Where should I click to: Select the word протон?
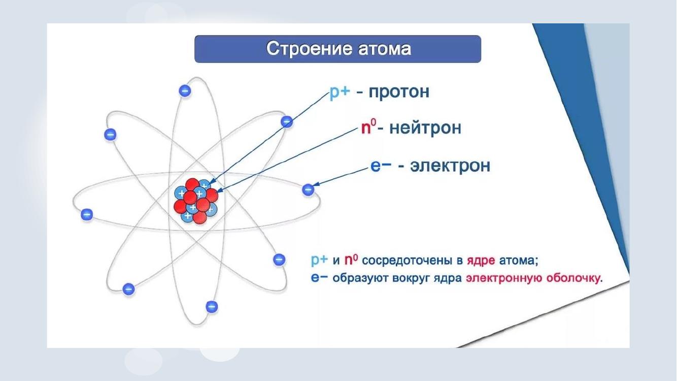(x=399, y=92)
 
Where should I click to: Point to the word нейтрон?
(x=425, y=128)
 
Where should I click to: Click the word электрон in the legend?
(x=450, y=166)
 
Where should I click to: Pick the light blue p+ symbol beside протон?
(x=340, y=92)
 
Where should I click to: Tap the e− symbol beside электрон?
(x=381, y=166)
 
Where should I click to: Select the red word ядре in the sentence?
(x=481, y=261)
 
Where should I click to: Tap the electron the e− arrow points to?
(x=308, y=190)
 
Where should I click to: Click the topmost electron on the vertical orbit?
(x=185, y=90)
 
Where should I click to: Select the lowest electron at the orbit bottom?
(x=212, y=306)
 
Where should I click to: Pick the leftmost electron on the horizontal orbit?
(x=87, y=214)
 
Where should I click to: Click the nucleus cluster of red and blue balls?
(x=195, y=201)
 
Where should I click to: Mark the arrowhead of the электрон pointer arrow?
(x=316, y=184)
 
